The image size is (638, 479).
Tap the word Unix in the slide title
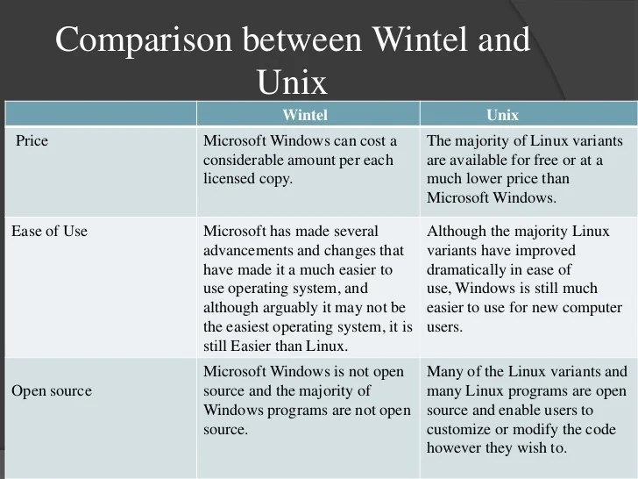click(293, 82)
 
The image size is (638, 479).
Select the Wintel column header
click(305, 115)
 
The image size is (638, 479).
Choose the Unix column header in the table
click(502, 115)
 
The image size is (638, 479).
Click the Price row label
click(32, 140)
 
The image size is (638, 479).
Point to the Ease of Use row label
click(49, 232)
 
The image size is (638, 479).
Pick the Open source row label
click(51, 390)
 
